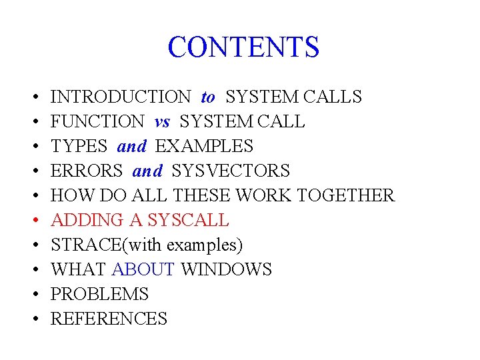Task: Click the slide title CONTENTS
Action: [243, 47]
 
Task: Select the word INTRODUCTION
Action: [121, 97]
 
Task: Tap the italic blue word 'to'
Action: [208, 97]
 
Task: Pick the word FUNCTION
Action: [97, 122]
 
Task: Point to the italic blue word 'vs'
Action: [162, 122]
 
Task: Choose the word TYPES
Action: [79, 147]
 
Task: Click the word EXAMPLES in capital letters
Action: [204, 147]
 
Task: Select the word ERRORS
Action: [87, 171]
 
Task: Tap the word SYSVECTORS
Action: [231, 171]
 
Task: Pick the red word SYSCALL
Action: [188, 221]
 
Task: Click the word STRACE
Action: [84, 245]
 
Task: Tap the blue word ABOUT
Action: [143, 270]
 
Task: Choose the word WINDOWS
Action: [226, 270]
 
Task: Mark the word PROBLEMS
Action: [100, 295]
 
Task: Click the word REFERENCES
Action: [109, 319]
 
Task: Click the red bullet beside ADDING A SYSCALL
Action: [34, 221]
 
